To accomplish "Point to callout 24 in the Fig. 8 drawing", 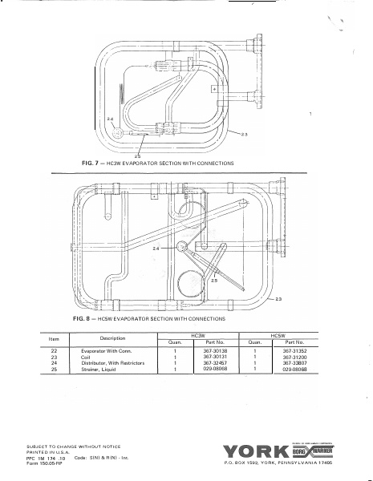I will point(157,250).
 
